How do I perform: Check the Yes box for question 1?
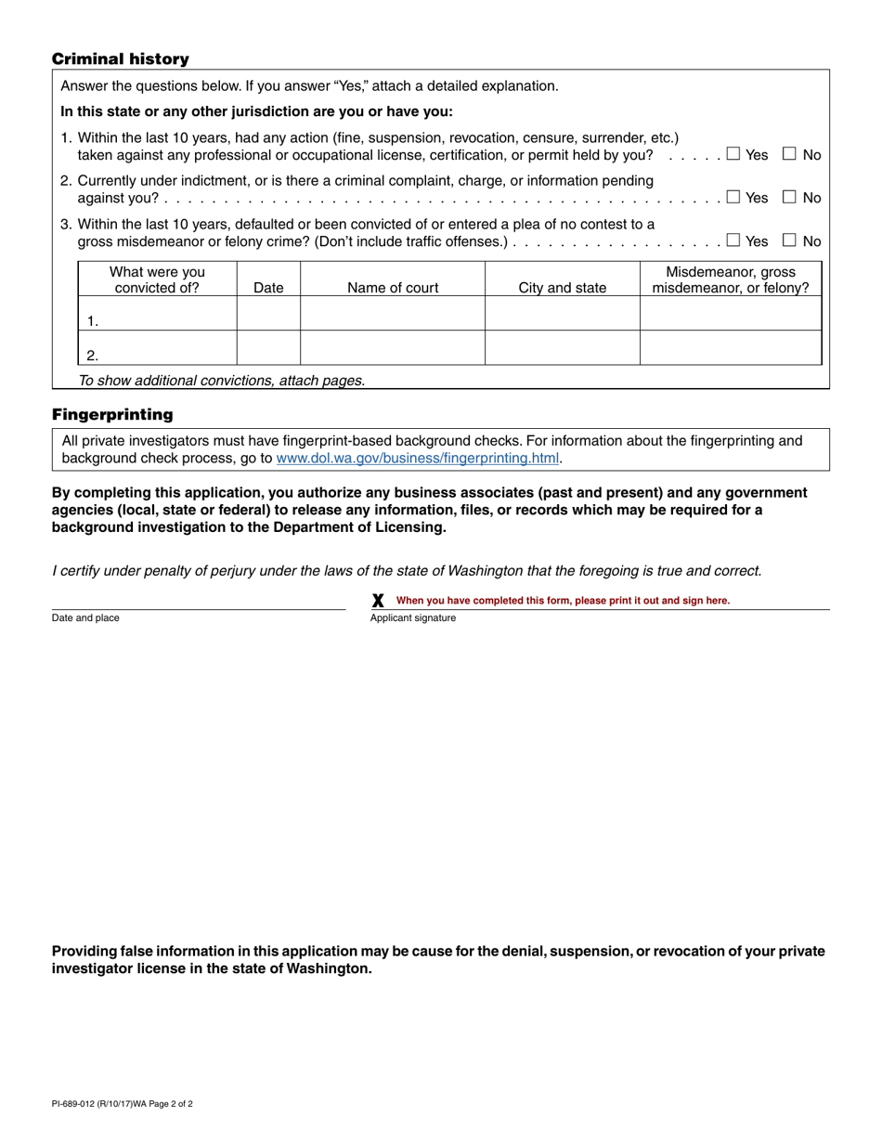tap(733, 154)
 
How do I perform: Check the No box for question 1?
tap(790, 154)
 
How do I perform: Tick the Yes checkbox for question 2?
tap(733, 197)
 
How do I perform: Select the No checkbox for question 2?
tap(790, 197)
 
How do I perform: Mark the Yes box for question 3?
tap(733, 240)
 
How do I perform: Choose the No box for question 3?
tap(790, 240)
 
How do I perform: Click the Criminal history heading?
tap(120, 59)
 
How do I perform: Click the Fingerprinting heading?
tap(112, 414)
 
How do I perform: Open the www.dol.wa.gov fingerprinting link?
tap(418, 458)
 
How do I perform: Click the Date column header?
tap(268, 288)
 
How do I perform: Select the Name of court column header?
tap(393, 288)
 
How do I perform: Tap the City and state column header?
tap(562, 288)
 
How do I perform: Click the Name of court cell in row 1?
tap(393, 314)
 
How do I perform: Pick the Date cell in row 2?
tap(268, 348)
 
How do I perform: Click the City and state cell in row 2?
tap(562, 348)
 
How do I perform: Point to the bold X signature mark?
tap(378, 601)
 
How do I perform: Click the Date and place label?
tap(85, 618)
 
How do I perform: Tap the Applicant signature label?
tap(413, 618)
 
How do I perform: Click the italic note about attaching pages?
tap(222, 380)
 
